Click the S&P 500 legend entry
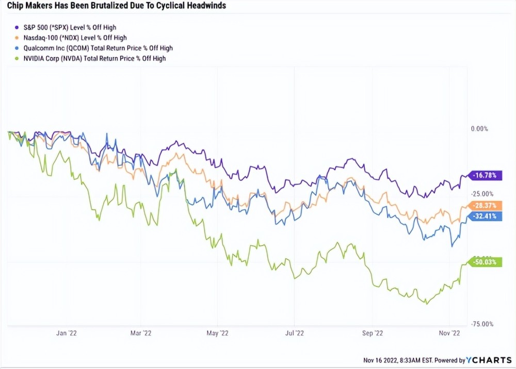click(x=72, y=27)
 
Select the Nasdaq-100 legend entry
click(x=74, y=38)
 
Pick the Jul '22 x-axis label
click(x=294, y=333)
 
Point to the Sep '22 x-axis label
click(x=373, y=333)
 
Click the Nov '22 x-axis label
click(x=449, y=333)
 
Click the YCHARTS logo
click(x=489, y=359)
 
